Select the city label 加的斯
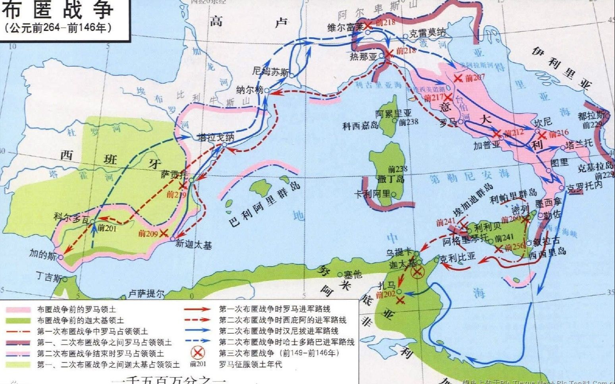coord(41,253)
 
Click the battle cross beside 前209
coord(164,233)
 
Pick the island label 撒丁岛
coord(391,179)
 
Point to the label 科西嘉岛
coord(361,126)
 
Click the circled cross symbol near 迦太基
coord(417,272)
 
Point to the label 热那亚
coord(362,57)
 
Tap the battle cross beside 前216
coord(542,136)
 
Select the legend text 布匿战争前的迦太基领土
coord(80,320)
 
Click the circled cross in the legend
coord(197,353)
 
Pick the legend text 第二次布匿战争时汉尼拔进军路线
coord(279,330)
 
